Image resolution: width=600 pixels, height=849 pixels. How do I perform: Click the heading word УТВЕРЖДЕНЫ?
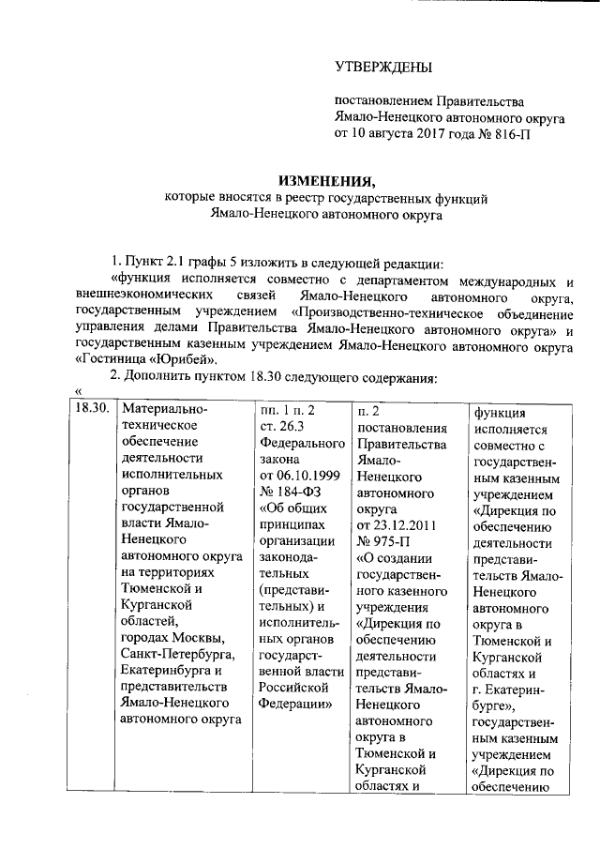pos(384,67)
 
